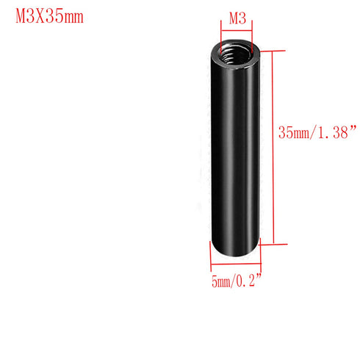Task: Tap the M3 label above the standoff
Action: pyautogui.click(x=237, y=18)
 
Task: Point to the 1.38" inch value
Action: pyautogui.click(x=337, y=133)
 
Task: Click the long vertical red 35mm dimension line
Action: pyautogui.click(x=273, y=147)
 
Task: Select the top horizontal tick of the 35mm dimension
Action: pyautogui.click(x=268, y=51)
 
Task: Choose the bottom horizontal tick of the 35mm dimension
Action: pyautogui.click(x=268, y=243)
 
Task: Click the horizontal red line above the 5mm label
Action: pyautogui.click(x=234, y=267)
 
